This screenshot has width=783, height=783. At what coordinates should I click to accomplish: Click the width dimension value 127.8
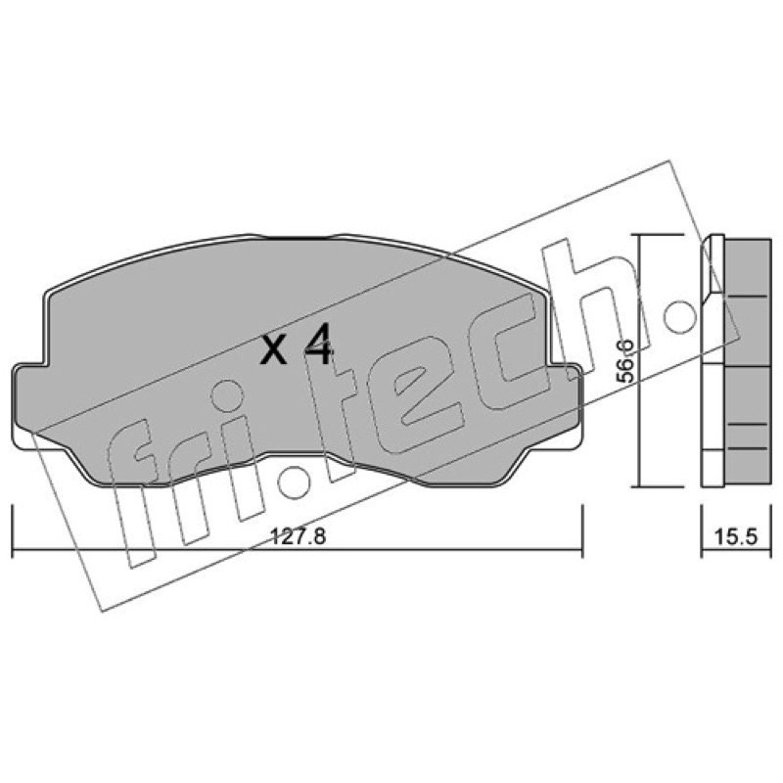click(298, 536)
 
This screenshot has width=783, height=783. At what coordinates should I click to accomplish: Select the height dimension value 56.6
click(624, 360)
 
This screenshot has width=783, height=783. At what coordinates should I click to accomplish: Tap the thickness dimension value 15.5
click(736, 536)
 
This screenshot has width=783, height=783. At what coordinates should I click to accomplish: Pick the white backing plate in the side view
click(713, 361)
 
